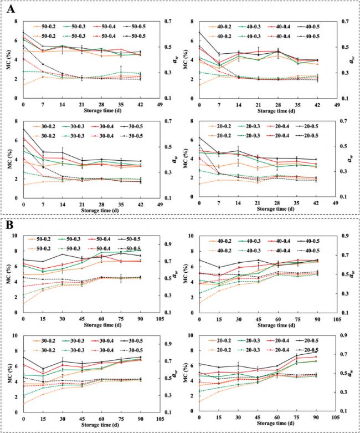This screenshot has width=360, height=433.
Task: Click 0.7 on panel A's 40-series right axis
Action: click(x=343, y=22)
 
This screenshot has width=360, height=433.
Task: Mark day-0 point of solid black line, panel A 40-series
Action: click(x=199, y=32)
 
